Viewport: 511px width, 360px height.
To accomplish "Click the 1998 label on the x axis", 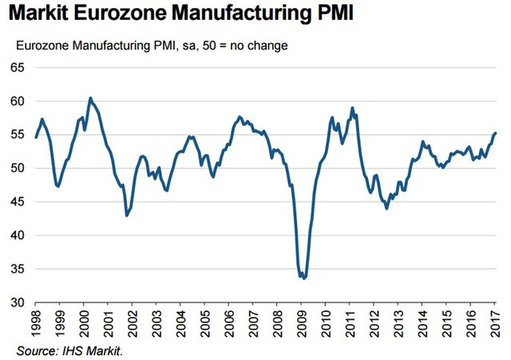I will [x=36, y=324].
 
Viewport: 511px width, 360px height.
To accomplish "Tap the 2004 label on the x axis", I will [x=181, y=324].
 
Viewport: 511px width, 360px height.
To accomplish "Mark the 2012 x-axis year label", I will [x=376, y=324].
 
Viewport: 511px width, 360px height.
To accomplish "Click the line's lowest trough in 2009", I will [x=303, y=279].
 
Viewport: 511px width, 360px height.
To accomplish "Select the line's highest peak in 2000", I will [x=90, y=98].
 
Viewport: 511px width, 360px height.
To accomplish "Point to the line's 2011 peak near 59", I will [x=352, y=108].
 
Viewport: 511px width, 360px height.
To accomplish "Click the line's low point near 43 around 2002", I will [x=127, y=216].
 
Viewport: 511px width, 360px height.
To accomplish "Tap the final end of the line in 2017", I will [x=496, y=133].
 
